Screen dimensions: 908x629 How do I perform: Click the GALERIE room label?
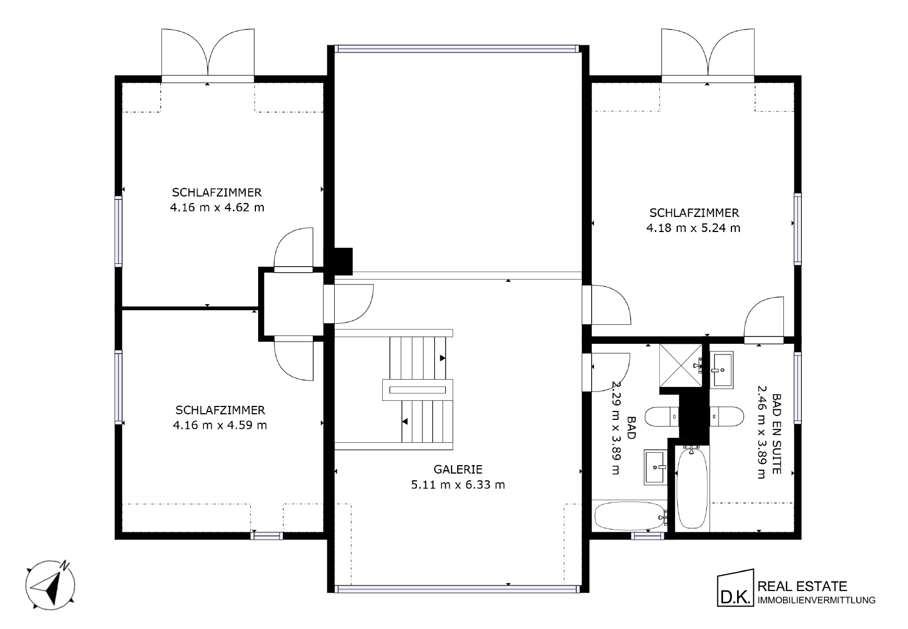(x=458, y=469)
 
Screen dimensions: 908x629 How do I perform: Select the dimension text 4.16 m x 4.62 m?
(x=217, y=207)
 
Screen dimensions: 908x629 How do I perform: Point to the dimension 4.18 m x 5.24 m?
(x=693, y=228)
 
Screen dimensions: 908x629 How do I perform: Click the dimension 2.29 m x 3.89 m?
(x=616, y=428)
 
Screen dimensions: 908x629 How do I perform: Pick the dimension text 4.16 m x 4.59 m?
(x=220, y=425)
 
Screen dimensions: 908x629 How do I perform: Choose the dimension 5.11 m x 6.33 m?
(x=458, y=485)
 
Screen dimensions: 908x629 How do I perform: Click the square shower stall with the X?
(x=681, y=365)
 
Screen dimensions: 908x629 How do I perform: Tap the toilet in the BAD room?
(x=662, y=417)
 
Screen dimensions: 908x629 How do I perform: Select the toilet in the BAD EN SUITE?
(x=727, y=417)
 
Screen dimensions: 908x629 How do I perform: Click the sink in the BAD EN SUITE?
(x=722, y=370)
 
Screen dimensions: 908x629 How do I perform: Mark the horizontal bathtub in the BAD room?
(x=631, y=516)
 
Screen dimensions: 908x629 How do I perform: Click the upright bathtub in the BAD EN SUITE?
(x=692, y=488)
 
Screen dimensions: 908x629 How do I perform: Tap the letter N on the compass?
(x=64, y=565)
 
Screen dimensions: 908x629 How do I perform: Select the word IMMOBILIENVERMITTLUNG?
(x=817, y=600)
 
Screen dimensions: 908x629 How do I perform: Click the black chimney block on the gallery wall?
(x=343, y=262)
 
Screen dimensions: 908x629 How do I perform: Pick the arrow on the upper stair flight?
(x=443, y=358)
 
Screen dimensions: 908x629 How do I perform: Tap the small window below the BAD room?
(x=648, y=536)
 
